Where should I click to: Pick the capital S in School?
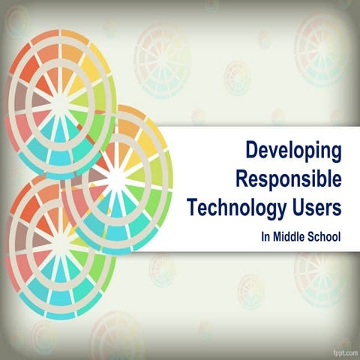pos(311,236)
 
